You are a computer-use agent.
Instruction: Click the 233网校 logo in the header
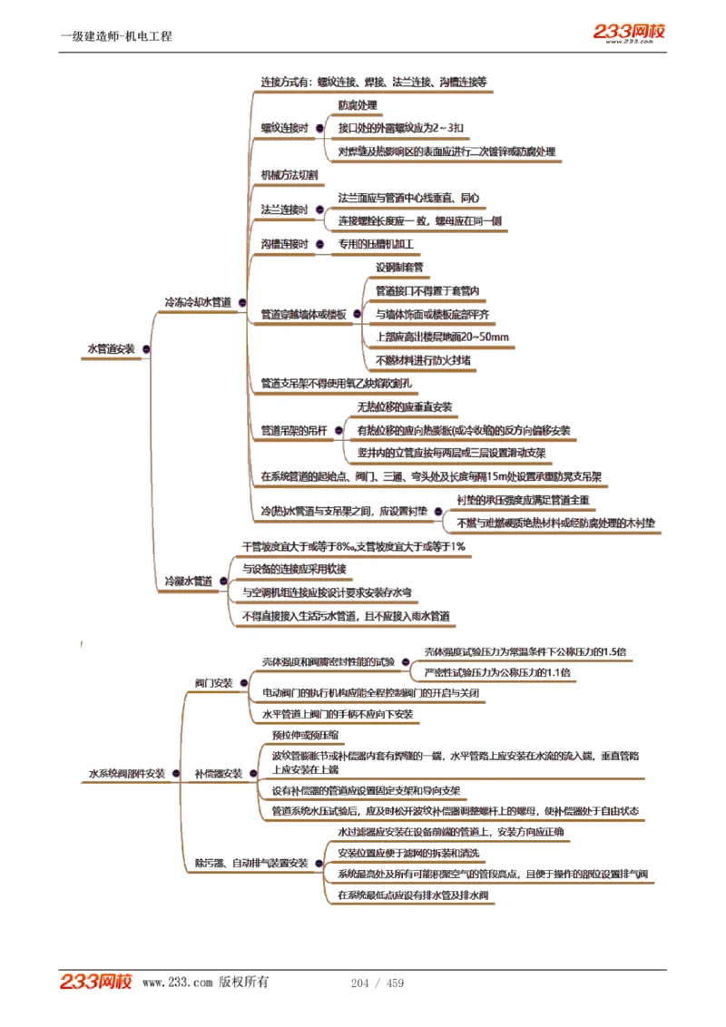pyautogui.click(x=629, y=32)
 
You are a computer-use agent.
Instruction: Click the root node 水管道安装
pyautogui.click(x=111, y=348)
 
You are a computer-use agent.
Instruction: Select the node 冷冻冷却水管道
pyautogui.click(x=198, y=301)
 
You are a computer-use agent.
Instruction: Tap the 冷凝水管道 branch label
pyautogui.click(x=189, y=581)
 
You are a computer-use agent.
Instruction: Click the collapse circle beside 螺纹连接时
pyautogui.click(x=321, y=129)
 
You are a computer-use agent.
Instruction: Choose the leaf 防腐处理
pyautogui.click(x=358, y=106)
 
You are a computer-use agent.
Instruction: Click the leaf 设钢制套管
pyautogui.click(x=399, y=268)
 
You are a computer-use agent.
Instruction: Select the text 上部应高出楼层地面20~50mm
pyautogui.click(x=443, y=337)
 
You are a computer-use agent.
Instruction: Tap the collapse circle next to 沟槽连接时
pyautogui.click(x=321, y=244)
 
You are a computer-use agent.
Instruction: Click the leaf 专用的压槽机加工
pyautogui.click(x=376, y=245)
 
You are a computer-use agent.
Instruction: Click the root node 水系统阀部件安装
pyautogui.click(x=127, y=774)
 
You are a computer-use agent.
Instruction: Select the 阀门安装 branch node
pyautogui.click(x=214, y=682)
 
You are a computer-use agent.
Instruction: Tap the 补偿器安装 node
pyautogui.click(x=219, y=774)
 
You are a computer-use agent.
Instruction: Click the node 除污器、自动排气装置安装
pyautogui.click(x=251, y=863)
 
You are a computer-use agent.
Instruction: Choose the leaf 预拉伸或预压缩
pyautogui.click(x=306, y=736)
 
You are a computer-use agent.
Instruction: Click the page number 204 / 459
pyautogui.click(x=378, y=983)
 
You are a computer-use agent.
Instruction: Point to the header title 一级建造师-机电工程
pyautogui.click(x=116, y=36)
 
